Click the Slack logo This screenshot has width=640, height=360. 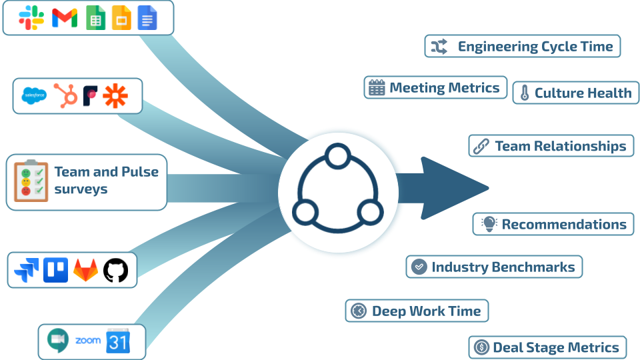pos(31,18)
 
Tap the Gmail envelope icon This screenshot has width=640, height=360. pos(65,18)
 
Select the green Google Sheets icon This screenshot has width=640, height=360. pos(95,18)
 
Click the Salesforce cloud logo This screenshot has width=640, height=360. pos(35,96)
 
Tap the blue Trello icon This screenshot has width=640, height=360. pos(56,270)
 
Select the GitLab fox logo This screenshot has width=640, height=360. pos(86,270)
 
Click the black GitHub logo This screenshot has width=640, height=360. pos(115,270)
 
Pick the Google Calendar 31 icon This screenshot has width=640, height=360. pos(118,342)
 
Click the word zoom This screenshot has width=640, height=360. pos(88,341)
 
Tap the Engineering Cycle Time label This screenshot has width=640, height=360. pos(535,47)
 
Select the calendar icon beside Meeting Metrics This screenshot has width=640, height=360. pos(377,88)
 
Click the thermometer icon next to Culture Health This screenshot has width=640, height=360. pos(524,93)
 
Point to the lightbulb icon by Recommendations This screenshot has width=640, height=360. pos(489,224)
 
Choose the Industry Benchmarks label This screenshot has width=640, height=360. pos(503,267)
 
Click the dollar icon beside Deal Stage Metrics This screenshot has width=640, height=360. pos(481,347)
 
